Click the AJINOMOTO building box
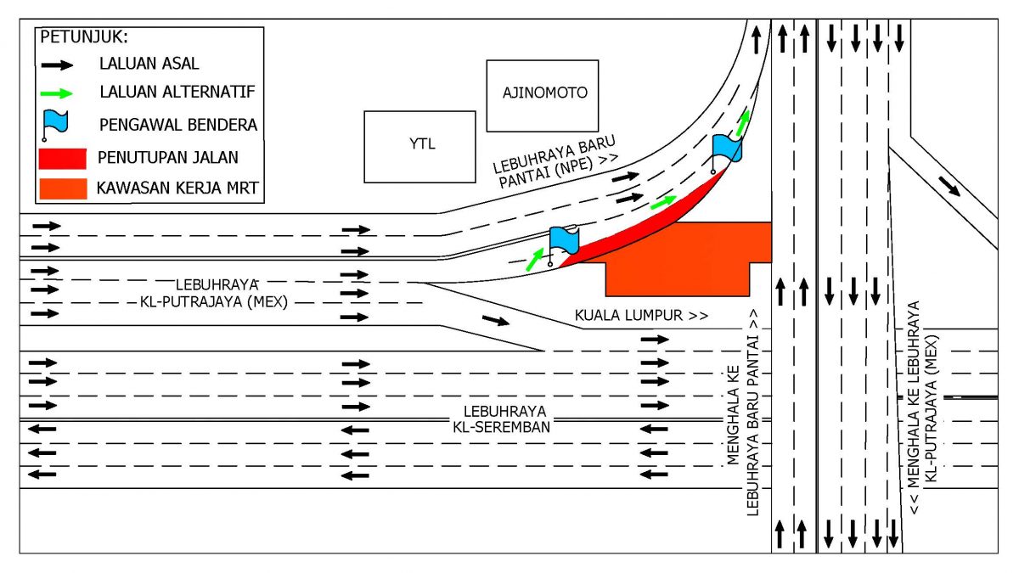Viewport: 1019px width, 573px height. click(x=543, y=96)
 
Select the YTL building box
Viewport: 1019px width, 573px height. click(x=419, y=147)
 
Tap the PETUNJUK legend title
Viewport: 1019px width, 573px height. click(x=84, y=37)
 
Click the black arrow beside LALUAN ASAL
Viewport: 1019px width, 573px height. click(x=57, y=65)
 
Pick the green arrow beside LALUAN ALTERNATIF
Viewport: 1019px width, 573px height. click(x=57, y=93)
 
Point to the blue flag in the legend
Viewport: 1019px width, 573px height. click(x=55, y=125)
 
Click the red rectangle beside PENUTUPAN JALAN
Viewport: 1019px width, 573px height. click(x=63, y=159)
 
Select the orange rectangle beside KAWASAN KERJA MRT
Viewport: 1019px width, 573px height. click(x=63, y=188)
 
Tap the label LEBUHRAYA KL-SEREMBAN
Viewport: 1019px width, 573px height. click(x=502, y=419)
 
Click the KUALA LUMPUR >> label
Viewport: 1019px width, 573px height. click(x=641, y=315)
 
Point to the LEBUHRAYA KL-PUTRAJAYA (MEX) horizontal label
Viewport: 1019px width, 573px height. click(x=214, y=294)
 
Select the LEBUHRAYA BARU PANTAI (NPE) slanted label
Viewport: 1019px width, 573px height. click(x=556, y=162)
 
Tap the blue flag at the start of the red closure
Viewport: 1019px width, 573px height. click(x=563, y=244)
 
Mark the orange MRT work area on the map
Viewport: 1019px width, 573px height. click(x=677, y=259)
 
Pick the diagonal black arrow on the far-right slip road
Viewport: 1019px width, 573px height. click(x=949, y=187)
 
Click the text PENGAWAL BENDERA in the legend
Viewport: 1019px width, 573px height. click(x=178, y=125)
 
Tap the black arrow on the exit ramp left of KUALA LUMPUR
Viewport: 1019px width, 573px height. click(x=496, y=320)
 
